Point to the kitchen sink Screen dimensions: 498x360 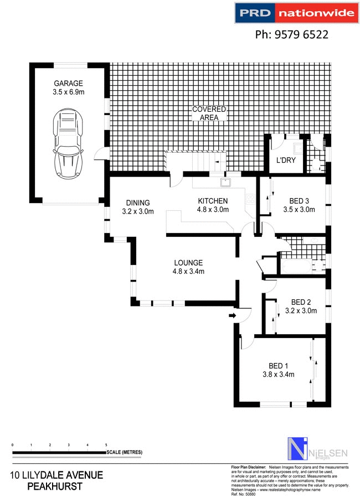(x=226, y=182)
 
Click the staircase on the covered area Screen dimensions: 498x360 (x=197, y=161)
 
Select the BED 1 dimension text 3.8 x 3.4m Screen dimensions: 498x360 (x=278, y=374)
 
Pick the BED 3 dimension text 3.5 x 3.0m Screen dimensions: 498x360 (x=299, y=210)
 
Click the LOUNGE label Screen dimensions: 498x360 (x=188, y=263)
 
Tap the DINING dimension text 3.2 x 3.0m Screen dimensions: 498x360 (x=137, y=211)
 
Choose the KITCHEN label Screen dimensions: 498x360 (x=213, y=200)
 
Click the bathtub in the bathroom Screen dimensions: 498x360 (x=302, y=266)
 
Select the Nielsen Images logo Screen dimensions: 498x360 (x=317, y=448)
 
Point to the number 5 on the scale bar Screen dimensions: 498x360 (x=106, y=445)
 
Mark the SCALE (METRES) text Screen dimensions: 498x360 (x=125, y=453)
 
